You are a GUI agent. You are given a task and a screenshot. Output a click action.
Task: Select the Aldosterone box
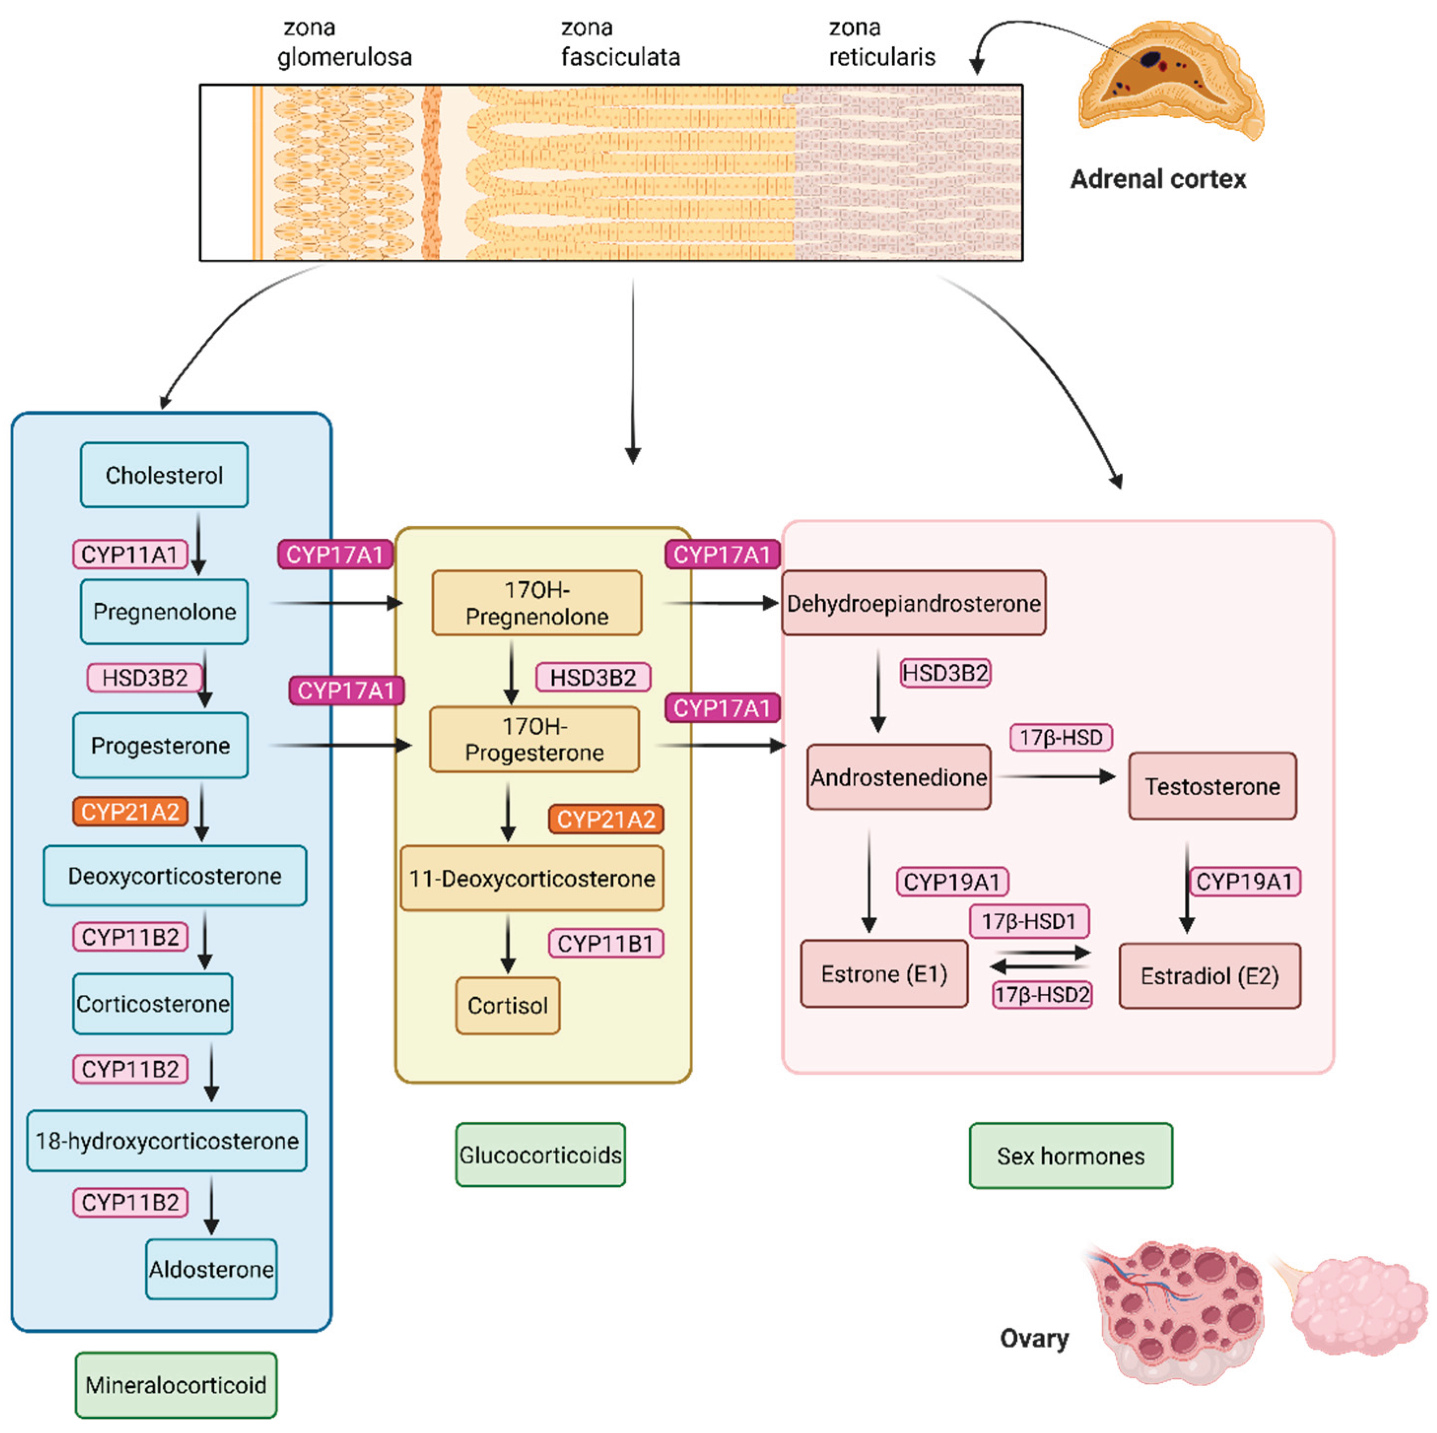[x=211, y=1269]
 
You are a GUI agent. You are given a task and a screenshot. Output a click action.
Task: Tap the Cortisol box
[x=507, y=1006]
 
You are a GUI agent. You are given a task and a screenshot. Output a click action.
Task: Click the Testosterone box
[x=1212, y=786]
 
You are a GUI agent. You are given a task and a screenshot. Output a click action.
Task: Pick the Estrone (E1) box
[x=884, y=974]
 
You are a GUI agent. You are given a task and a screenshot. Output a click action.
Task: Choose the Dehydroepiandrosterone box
[x=913, y=603]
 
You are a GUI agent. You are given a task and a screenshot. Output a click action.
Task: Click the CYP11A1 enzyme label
[x=130, y=554]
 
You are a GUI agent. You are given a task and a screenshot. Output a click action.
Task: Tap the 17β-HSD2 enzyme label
[x=1041, y=994]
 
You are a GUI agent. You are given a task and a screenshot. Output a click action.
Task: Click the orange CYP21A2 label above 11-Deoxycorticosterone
[x=605, y=819]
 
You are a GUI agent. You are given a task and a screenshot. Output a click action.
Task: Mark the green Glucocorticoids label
[x=540, y=1154]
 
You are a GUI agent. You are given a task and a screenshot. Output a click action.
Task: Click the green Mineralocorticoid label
[x=175, y=1385]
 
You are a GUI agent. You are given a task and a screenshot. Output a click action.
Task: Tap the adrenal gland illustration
[x=1169, y=78]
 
